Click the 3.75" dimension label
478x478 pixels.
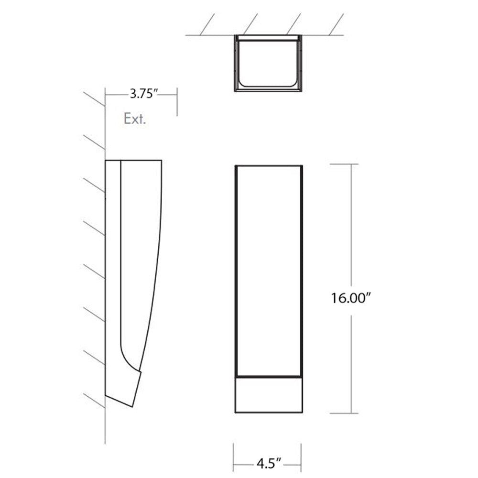point(144,94)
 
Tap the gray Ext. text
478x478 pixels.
point(134,119)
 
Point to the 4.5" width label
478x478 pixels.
point(268,463)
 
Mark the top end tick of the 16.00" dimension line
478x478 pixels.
point(352,164)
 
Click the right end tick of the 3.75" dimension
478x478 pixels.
point(178,101)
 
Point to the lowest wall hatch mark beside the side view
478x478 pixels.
point(94,401)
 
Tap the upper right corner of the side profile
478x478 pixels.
point(161,161)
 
